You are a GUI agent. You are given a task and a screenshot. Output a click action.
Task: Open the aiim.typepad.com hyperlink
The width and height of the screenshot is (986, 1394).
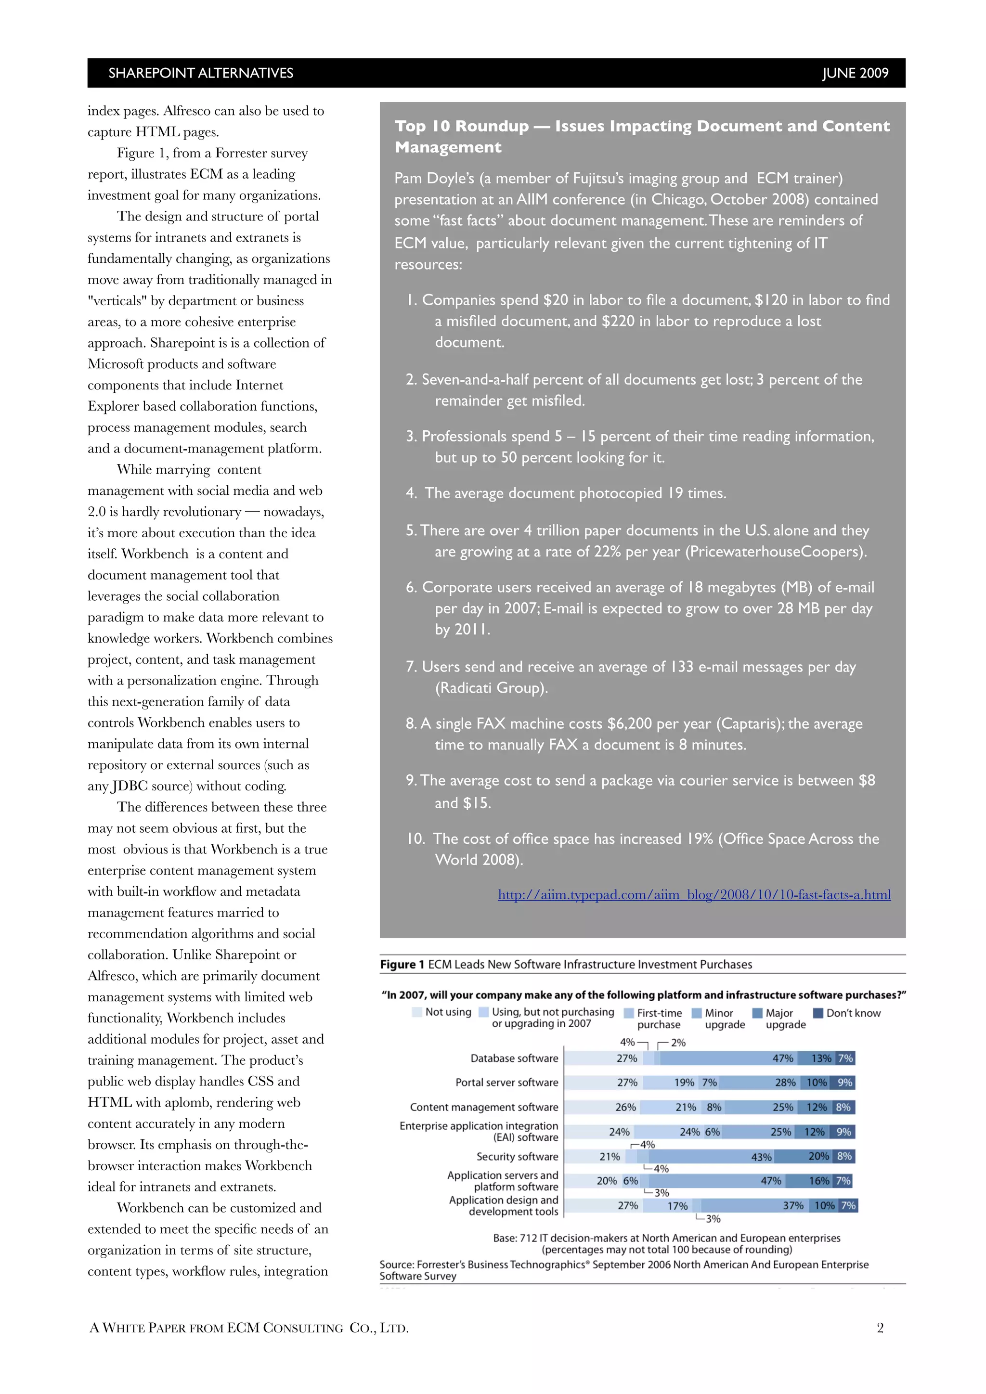(694, 894)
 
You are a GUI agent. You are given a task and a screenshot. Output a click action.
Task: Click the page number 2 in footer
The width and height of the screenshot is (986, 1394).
(880, 1328)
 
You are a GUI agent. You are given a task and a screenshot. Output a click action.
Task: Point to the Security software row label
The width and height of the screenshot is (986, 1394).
(517, 1157)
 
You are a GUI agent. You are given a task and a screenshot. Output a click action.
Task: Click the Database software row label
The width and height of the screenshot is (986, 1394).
(514, 1058)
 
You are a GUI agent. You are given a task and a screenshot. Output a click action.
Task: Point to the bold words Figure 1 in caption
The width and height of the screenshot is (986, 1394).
(398, 965)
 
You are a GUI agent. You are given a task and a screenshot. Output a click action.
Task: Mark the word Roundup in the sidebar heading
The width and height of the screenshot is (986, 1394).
(492, 126)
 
